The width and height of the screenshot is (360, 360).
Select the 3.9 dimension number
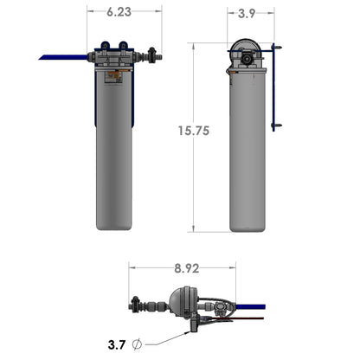(x=247, y=13)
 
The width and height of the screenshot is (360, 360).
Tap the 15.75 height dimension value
(x=193, y=131)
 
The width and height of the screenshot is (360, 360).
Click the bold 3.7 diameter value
(x=116, y=344)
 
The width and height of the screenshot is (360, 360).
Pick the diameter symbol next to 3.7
(x=137, y=344)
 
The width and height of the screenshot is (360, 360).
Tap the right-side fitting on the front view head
(x=152, y=56)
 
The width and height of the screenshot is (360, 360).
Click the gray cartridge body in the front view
(x=113, y=156)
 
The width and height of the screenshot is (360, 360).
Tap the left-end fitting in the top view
(x=135, y=304)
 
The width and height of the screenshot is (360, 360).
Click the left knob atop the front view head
(x=105, y=45)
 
